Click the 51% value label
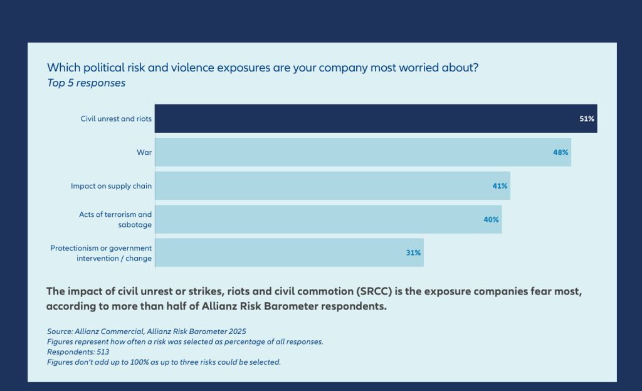(587, 118)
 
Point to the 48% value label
(560, 152)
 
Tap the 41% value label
(500, 185)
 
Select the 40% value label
(491, 219)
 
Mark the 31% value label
(413, 253)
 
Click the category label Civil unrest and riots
(116, 118)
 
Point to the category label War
(144, 152)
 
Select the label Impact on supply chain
(112, 185)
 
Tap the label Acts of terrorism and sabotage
(115, 219)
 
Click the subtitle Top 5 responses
(87, 83)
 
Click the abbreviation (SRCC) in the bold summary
(373, 292)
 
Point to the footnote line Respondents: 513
(78, 352)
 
